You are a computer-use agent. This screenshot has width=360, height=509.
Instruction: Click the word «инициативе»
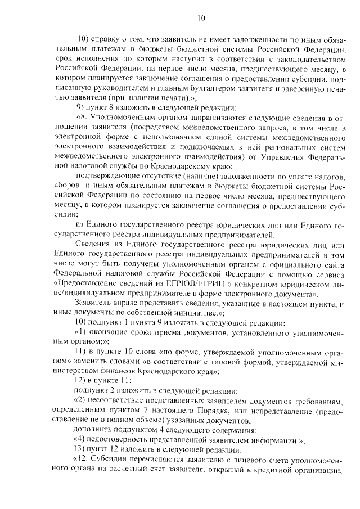[x=176, y=314]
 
